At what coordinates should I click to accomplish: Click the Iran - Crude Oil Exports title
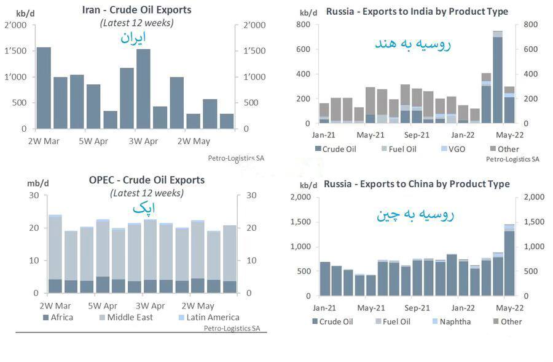click(136, 10)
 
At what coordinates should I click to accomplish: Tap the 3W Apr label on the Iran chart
click(143, 142)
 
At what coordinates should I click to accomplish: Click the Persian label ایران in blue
click(132, 38)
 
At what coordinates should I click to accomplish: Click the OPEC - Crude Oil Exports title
click(146, 180)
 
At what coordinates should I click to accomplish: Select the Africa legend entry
click(61, 318)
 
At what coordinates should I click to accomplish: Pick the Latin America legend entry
click(208, 318)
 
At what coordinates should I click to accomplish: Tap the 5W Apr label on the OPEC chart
click(103, 305)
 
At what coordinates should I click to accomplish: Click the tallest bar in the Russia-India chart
click(498, 77)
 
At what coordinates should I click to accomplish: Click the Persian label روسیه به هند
click(412, 44)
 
